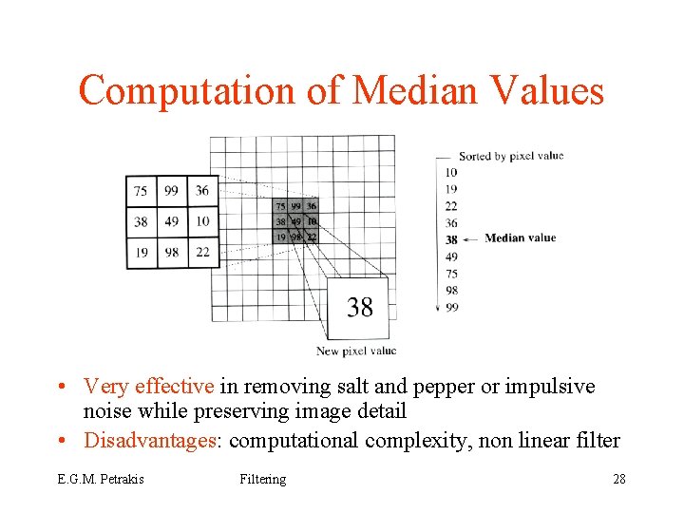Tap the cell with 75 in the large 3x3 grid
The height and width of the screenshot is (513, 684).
coord(141,191)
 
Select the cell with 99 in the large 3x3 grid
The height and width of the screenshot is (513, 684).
coord(171,191)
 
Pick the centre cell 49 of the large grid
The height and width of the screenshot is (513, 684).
coord(171,221)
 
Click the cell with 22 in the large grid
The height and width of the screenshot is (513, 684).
coord(202,252)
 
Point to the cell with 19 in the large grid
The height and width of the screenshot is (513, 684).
coord(141,252)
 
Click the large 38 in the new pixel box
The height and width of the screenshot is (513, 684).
coord(360,307)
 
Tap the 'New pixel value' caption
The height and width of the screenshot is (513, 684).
coord(356,351)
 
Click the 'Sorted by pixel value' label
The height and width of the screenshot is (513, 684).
coord(511,156)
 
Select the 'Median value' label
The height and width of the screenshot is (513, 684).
coord(520,237)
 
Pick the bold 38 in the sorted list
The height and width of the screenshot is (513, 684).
coord(451,239)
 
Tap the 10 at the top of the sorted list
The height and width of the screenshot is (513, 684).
coord(451,172)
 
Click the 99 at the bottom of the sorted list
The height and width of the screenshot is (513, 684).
coord(451,307)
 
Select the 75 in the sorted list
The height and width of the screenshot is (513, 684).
coord(451,274)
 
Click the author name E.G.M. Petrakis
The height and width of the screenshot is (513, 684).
coord(100,479)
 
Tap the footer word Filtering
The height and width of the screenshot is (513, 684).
coord(263,479)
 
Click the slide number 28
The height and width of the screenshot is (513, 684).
coord(619,479)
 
